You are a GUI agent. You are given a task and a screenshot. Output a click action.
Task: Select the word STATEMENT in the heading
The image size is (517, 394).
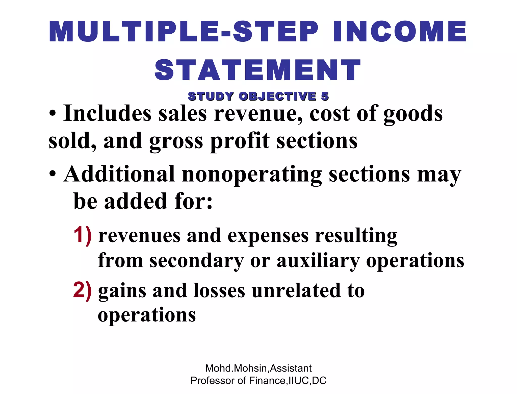pyautogui.click(x=258, y=70)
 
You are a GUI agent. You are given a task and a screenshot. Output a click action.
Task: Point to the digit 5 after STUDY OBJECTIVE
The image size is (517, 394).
pyautogui.click(x=325, y=96)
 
